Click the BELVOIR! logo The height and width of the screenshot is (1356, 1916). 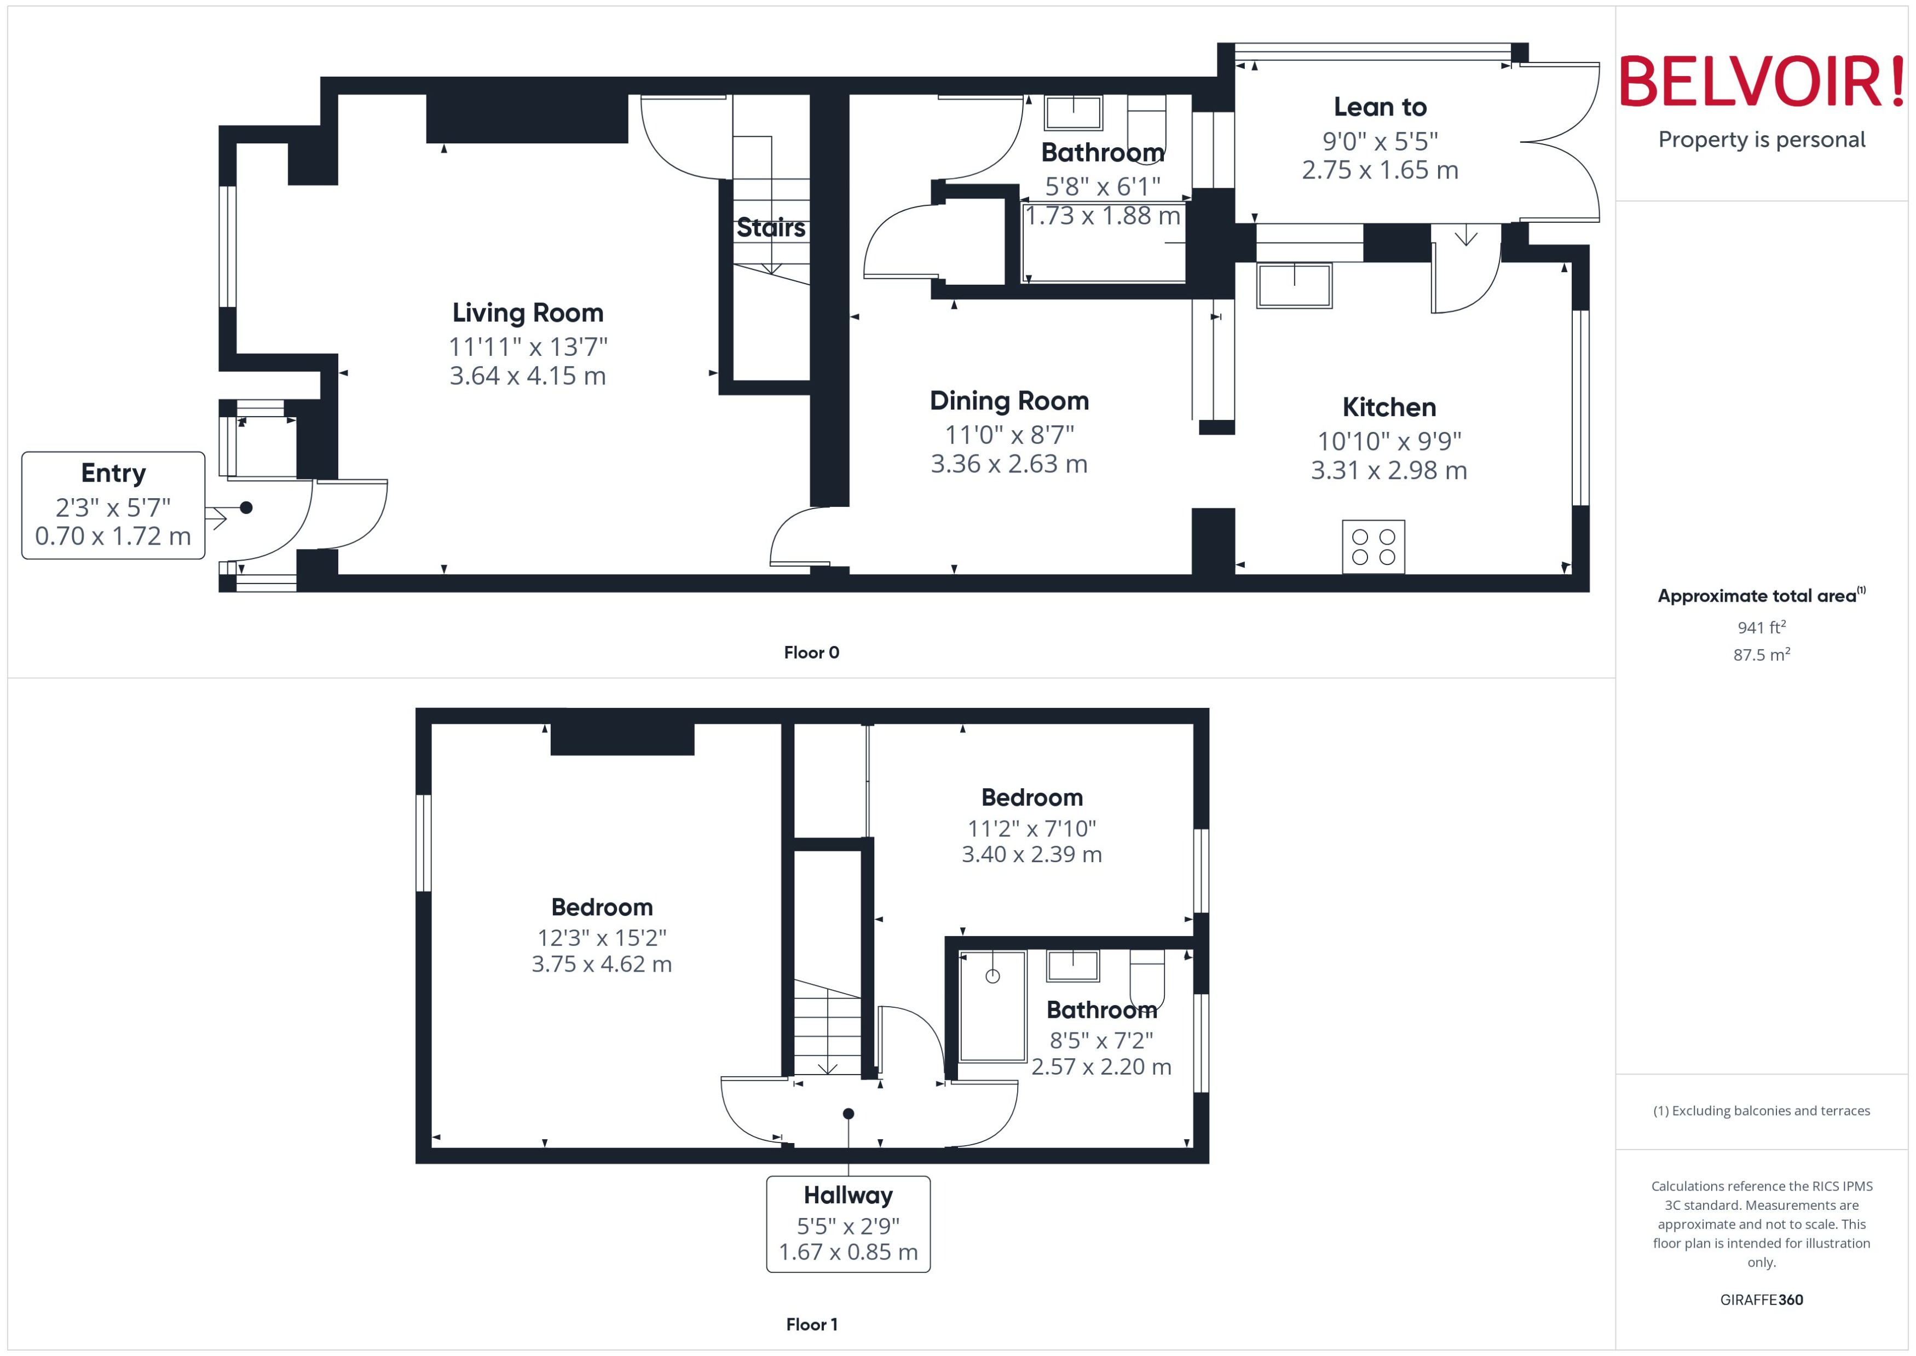(x=1762, y=82)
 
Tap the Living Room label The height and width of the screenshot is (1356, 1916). (x=528, y=313)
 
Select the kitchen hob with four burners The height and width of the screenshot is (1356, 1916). (x=1373, y=547)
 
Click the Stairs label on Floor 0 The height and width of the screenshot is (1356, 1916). (x=771, y=228)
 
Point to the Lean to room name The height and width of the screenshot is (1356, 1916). (x=1380, y=107)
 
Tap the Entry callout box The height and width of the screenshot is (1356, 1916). (x=113, y=505)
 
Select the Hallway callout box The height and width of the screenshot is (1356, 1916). (x=848, y=1224)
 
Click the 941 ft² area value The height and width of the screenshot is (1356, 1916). (x=1762, y=627)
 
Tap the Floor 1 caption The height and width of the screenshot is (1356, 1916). (x=811, y=1324)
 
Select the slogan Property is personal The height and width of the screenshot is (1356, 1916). (x=1762, y=140)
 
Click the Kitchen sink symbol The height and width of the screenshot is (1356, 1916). (x=1294, y=286)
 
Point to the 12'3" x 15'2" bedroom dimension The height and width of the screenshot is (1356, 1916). (x=602, y=938)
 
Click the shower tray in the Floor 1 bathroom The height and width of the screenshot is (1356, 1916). (x=992, y=1006)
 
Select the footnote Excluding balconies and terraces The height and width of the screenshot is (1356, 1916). (x=1762, y=1111)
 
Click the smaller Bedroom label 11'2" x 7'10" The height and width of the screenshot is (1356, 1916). (x=1032, y=828)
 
